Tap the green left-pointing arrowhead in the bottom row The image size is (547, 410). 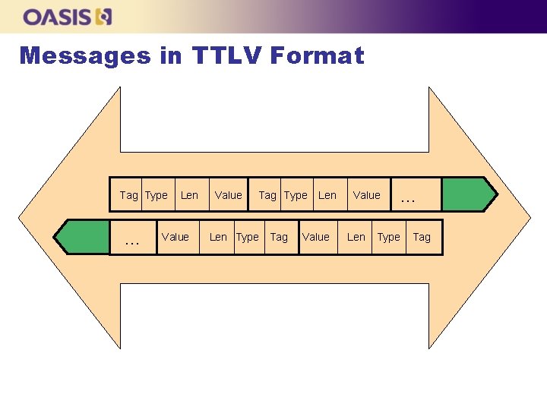[83, 236]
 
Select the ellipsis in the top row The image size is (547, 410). [408, 198]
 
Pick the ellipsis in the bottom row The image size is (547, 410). [132, 241]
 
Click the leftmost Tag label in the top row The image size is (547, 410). [128, 195]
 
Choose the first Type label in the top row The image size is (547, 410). [156, 195]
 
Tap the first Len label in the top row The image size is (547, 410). [189, 195]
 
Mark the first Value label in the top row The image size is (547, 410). [228, 195]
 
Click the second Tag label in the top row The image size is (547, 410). [267, 195]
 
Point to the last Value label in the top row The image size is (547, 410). [366, 195]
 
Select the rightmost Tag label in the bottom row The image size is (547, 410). [422, 237]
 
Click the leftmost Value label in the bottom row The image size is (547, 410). [175, 237]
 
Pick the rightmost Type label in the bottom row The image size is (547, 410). [388, 237]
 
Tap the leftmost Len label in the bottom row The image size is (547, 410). [218, 237]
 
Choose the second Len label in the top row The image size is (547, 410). [327, 195]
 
